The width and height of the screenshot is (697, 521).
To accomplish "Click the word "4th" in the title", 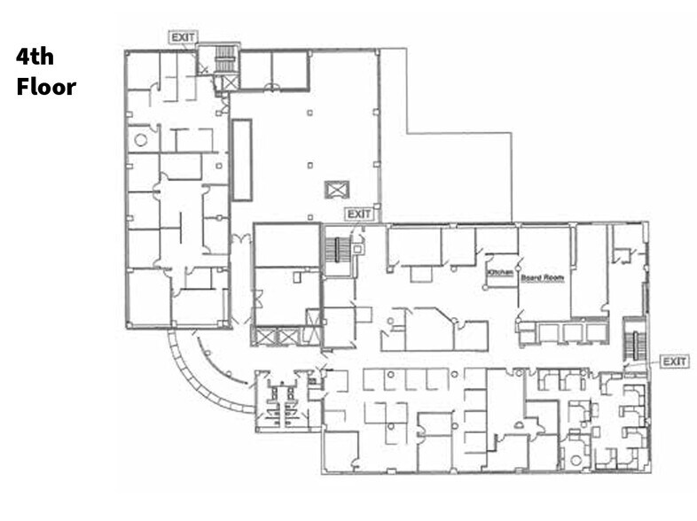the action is [35, 57].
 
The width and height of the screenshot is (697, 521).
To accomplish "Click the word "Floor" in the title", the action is [46, 87].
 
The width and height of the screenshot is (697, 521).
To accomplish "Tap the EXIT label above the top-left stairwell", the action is [184, 37].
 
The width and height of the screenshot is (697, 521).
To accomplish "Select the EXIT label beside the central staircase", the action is [359, 214].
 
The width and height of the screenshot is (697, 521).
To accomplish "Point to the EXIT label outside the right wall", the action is [674, 362].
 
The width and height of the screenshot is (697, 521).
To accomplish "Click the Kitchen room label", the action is [500, 272].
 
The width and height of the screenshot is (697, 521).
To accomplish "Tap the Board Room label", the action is [543, 278].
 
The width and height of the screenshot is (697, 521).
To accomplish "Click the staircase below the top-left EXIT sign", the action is [224, 58].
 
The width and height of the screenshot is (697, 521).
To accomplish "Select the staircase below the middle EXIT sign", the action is [337, 251].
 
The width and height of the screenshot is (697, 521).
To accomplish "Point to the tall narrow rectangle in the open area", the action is [242, 159].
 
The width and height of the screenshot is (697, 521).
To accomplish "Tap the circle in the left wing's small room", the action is [141, 140].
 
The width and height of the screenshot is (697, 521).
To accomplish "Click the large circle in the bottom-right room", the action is [576, 461].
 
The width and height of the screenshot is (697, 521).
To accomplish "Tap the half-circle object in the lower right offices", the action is [519, 425].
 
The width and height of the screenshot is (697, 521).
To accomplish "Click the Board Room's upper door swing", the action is [521, 261].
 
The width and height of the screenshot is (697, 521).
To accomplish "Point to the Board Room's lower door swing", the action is [520, 316].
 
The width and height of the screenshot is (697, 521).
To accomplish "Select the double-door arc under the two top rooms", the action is [272, 86].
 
